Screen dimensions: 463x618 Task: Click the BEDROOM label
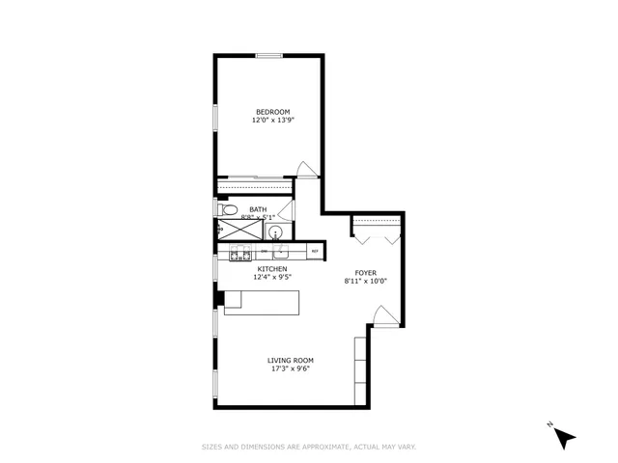point(271,112)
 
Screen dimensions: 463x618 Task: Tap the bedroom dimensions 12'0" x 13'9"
point(271,121)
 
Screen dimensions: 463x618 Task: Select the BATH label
point(258,209)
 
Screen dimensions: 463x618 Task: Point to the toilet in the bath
point(228,209)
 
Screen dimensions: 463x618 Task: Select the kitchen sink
point(280,252)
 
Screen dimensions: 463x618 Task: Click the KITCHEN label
point(271,269)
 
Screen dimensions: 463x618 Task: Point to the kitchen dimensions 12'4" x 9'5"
point(271,278)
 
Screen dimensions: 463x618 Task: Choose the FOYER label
point(366,273)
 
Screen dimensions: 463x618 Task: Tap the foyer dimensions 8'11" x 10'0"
point(366,282)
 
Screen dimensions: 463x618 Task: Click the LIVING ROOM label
point(291,361)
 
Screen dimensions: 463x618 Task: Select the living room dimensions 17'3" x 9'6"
point(291,369)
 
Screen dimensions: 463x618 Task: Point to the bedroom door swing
point(307,170)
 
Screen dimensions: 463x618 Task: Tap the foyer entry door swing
point(382,315)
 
